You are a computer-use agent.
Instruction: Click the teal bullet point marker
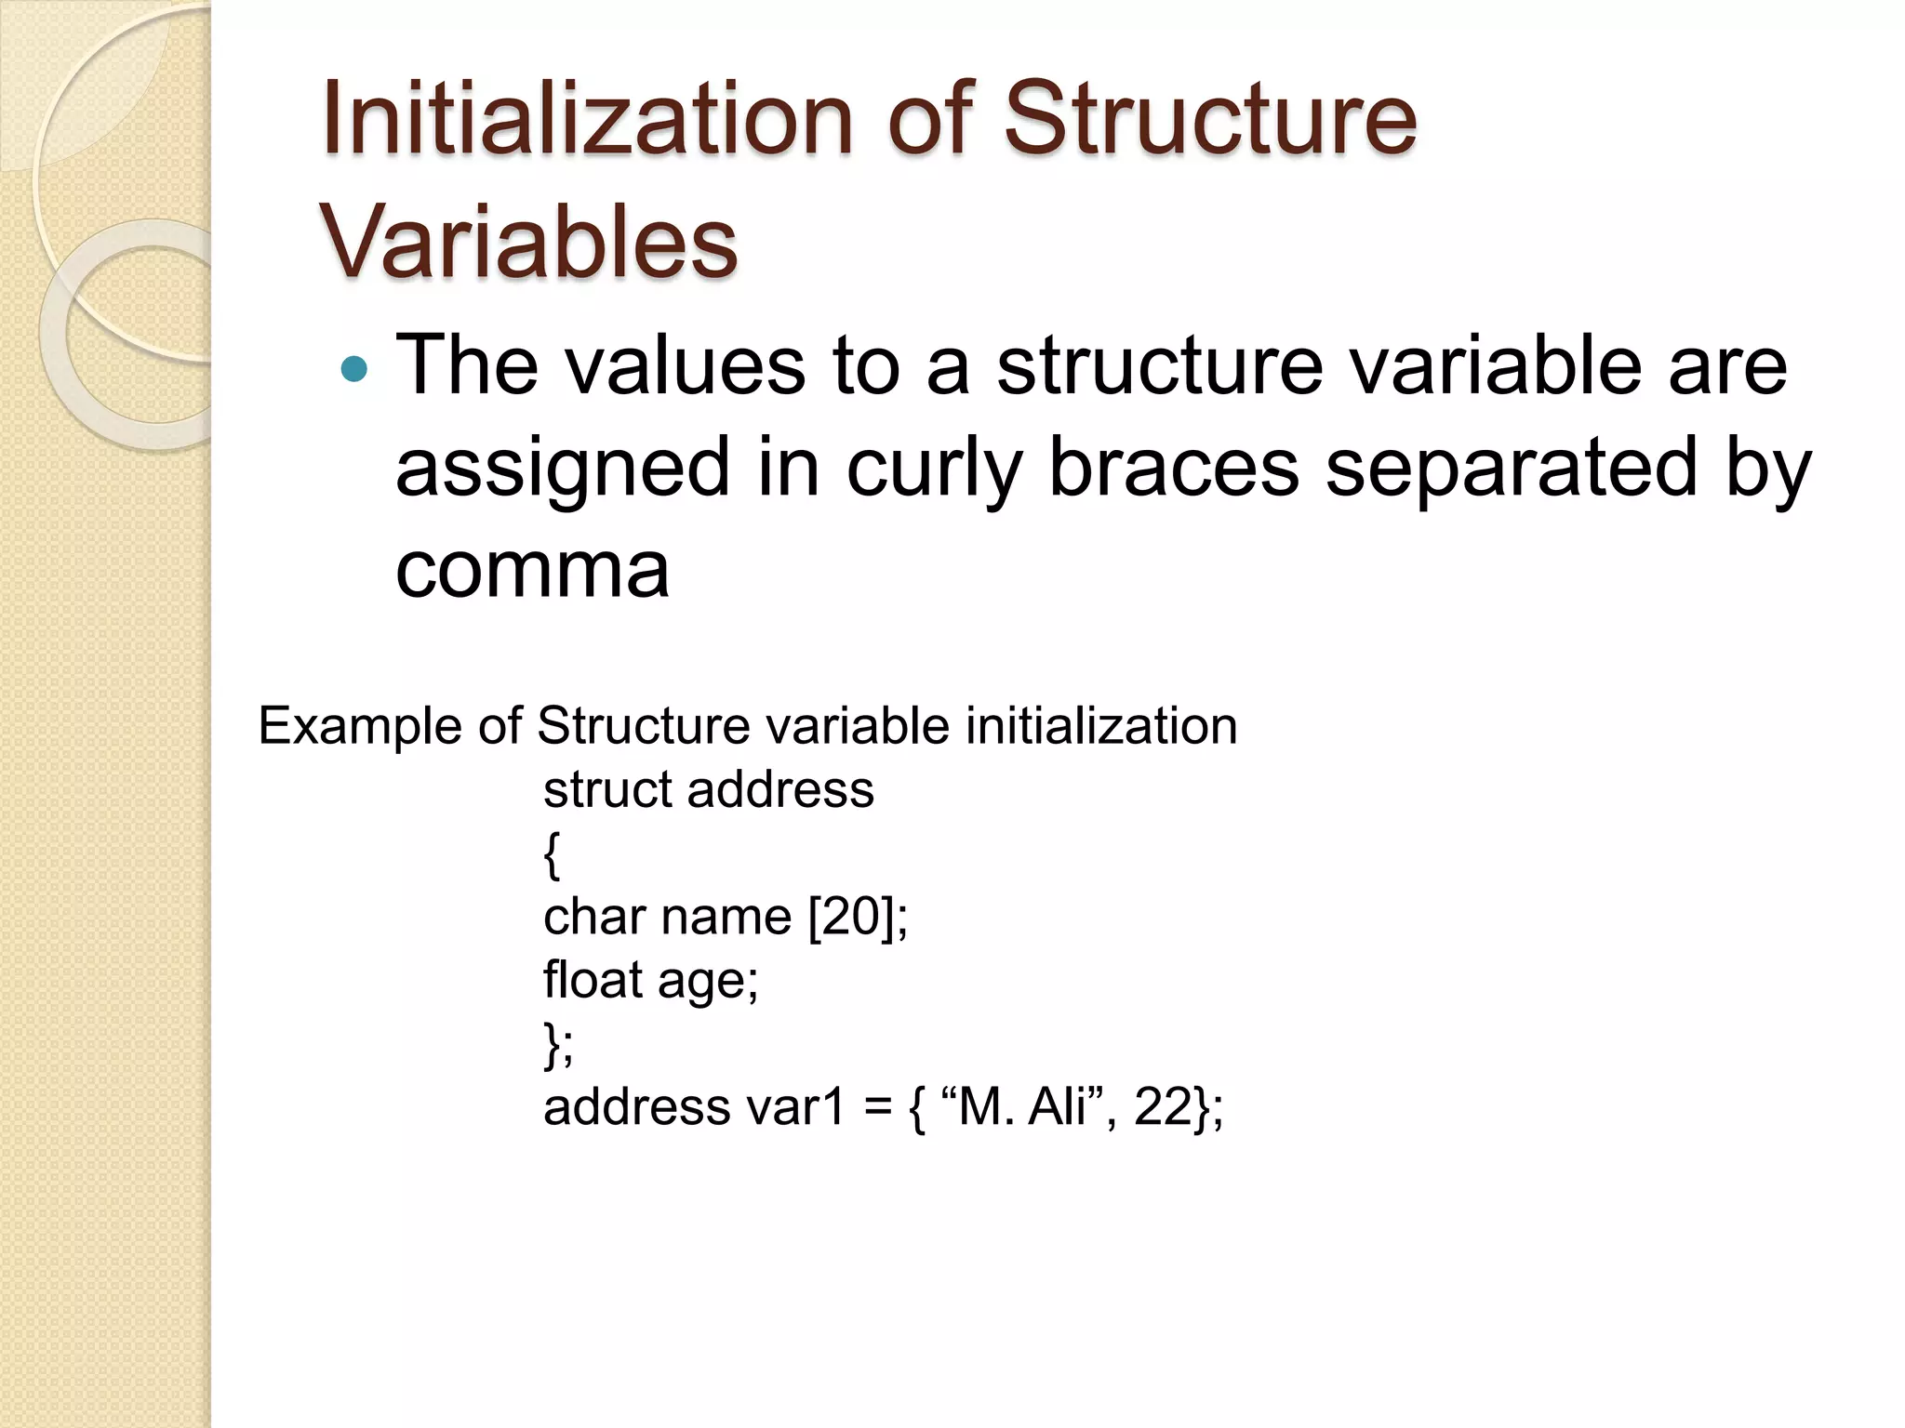coord(354,370)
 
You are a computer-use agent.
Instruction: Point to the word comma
coord(532,569)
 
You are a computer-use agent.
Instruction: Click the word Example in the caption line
coord(359,726)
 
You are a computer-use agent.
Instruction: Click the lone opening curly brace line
coord(552,854)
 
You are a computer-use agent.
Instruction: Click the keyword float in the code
coord(593,980)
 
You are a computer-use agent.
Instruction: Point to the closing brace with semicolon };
coord(558,1045)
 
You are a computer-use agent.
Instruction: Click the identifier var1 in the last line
coord(796,1107)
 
